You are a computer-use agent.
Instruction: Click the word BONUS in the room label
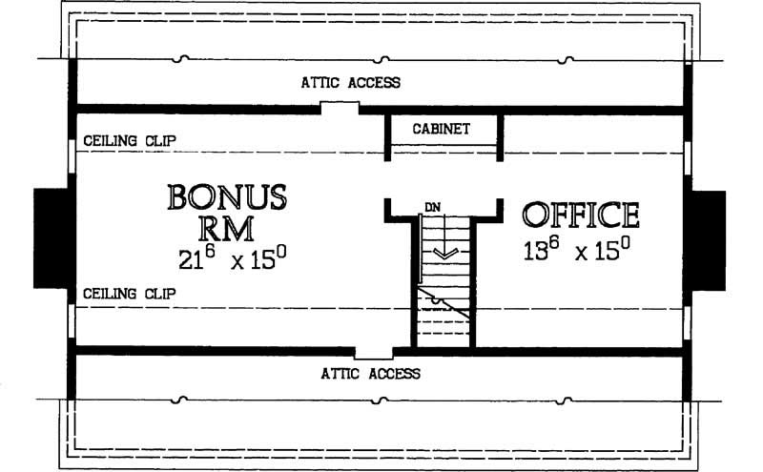click(226, 197)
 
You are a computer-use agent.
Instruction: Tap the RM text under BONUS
click(226, 229)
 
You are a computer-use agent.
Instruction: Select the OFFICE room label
click(580, 215)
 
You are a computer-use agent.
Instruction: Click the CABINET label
click(441, 129)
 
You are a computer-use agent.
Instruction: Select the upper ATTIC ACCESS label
click(351, 83)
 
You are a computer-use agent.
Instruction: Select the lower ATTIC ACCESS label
click(370, 373)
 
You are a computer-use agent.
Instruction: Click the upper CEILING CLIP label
click(129, 140)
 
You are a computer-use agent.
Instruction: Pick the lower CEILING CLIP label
click(129, 294)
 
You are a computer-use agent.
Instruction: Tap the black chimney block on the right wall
click(709, 237)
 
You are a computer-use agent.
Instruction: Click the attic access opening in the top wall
click(339, 108)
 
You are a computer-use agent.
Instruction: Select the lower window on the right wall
click(688, 323)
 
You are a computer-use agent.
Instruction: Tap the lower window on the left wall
click(72, 323)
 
